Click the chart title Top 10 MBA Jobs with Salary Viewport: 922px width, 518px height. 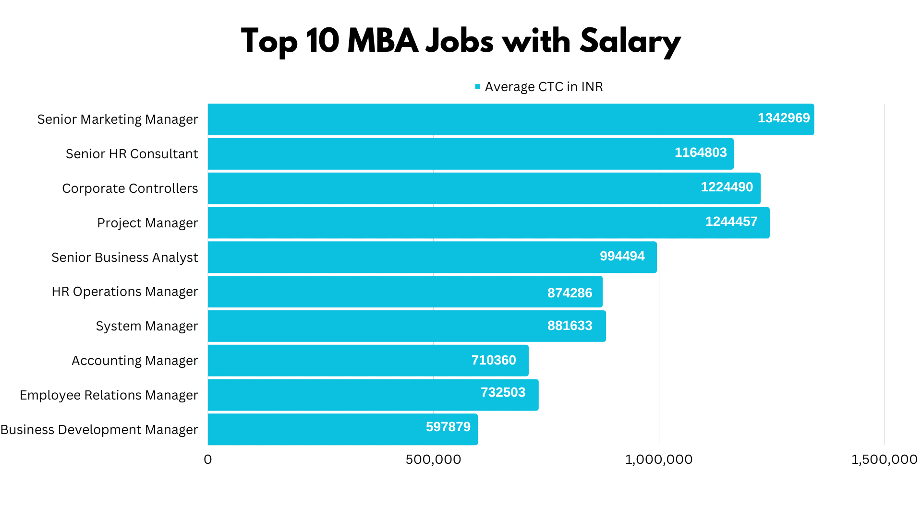click(460, 41)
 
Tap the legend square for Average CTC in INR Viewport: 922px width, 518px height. click(477, 87)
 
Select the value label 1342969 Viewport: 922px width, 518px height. click(783, 118)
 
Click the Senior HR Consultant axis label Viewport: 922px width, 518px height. click(132, 154)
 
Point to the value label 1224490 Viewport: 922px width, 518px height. click(727, 187)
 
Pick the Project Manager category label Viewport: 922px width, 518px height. click(147, 223)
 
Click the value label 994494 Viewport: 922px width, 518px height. click(622, 256)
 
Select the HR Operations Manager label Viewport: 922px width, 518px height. click(124, 292)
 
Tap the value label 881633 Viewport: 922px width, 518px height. click(570, 326)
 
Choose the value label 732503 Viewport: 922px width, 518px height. click(503, 392)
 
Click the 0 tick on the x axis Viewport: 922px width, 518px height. click(207, 459)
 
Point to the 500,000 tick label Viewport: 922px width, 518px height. click(433, 459)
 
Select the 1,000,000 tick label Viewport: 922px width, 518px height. click(658, 459)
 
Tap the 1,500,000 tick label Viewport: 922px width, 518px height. click(884, 459)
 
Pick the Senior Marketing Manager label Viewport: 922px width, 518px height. click(117, 119)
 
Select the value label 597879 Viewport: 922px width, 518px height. click(448, 427)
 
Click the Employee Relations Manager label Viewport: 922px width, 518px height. click(109, 395)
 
